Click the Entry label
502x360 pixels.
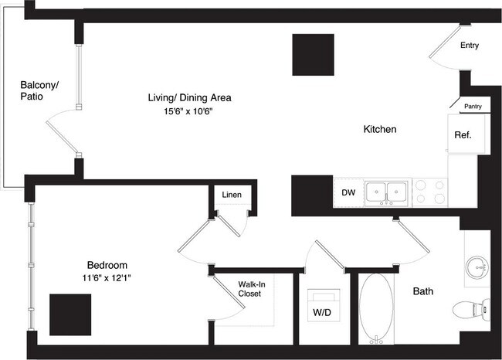coord(470,46)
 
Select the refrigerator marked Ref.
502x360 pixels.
coord(463,134)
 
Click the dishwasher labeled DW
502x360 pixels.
coord(348,192)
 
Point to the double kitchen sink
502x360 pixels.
coord(387,192)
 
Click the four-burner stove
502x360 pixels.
coord(430,192)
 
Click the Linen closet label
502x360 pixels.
coord(231,195)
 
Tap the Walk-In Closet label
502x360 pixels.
coord(249,289)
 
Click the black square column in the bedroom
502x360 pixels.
coord(70,314)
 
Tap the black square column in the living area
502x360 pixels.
coord(313,55)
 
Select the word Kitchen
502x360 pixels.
coord(380,130)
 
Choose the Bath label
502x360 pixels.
coord(422,292)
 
